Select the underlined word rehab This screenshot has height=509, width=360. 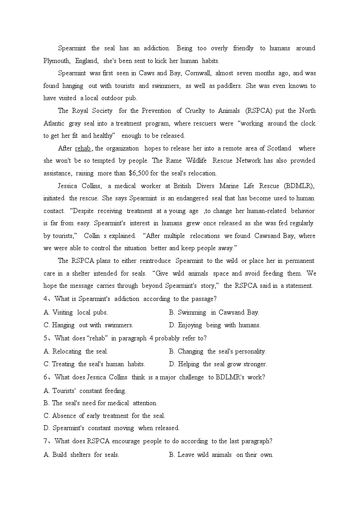coord(83,148)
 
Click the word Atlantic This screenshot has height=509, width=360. coord(55,123)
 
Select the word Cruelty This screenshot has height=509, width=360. coord(196,111)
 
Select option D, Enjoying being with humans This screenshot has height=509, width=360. coord(214,325)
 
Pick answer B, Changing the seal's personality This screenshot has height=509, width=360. coord(217,351)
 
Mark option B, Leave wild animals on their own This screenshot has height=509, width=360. coord(221,455)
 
